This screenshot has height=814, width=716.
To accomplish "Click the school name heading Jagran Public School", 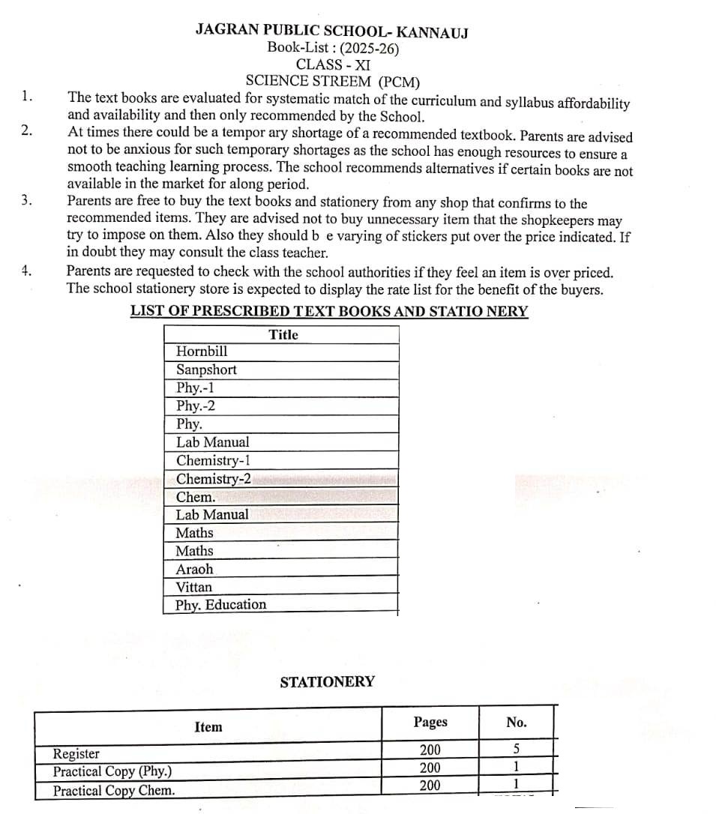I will pyautogui.click(x=332, y=31).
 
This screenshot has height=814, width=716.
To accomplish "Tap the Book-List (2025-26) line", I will pyautogui.click(x=333, y=48).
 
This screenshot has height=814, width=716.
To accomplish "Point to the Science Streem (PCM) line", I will pyautogui.click(x=333, y=81).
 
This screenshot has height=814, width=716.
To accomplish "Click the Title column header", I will pyautogui.click(x=283, y=335).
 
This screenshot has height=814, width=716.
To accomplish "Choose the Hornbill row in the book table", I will pyautogui.click(x=202, y=352).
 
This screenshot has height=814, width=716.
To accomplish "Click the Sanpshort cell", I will pyautogui.click(x=206, y=370).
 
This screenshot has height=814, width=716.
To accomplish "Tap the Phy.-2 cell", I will pyautogui.click(x=196, y=406).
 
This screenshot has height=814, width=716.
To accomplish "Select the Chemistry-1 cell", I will pyautogui.click(x=214, y=460).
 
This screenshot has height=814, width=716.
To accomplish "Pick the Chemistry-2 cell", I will pyautogui.click(x=214, y=479).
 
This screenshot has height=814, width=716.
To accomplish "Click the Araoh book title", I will pyautogui.click(x=194, y=569).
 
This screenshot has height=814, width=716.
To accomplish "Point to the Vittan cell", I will pyautogui.click(x=194, y=587).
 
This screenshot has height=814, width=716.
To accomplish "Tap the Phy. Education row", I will pyautogui.click(x=221, y=605).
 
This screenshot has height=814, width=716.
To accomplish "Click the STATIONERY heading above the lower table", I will pyautogui.click(x=328, y=682).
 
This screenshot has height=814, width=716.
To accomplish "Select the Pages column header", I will pyautogui.click(x=430, y=722).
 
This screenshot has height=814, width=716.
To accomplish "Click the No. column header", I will pyautogui.click(x=517, y=723).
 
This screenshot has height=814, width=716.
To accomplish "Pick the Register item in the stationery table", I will pyautogui.click(x=76, y=754).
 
